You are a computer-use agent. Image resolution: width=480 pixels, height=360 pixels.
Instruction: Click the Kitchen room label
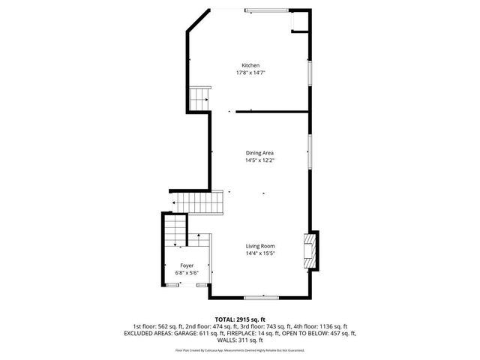pos(250,65)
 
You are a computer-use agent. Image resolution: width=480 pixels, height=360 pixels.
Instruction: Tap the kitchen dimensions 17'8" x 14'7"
pos(250,73)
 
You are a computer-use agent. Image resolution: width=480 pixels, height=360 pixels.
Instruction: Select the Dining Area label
pos(259,153)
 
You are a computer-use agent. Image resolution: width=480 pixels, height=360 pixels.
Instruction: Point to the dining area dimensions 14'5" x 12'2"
pos(259,160)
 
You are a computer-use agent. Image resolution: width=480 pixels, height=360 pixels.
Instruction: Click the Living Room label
pos(261,246)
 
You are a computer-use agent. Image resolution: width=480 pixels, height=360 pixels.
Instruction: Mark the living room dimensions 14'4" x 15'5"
pos(261,253)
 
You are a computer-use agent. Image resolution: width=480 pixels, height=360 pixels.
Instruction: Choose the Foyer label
pos(187,265)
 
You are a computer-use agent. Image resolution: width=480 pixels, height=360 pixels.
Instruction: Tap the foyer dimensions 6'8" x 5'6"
pos(187,273)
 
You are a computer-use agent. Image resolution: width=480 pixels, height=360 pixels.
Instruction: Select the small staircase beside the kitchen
pos(199,97)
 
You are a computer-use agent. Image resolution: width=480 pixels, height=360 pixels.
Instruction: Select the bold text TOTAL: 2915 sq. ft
pos(240,319)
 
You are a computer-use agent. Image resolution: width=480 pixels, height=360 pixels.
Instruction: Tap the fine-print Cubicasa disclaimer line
pos(240,350)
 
